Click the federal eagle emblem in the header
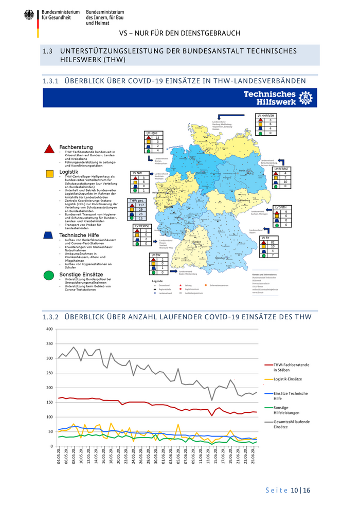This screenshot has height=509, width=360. coord(28,15)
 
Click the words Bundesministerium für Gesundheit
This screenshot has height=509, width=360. coord(59,15)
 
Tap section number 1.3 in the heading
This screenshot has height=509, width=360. coord(48,51)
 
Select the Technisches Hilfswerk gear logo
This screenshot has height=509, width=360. coord(307,97)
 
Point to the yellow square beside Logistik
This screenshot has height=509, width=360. coord(49,174)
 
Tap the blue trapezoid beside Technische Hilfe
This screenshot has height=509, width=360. coord(49,235)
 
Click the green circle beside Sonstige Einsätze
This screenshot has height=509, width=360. coord(49,275)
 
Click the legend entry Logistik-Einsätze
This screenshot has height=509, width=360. coord(287,379)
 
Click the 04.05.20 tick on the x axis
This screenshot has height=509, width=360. coord(60,458)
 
